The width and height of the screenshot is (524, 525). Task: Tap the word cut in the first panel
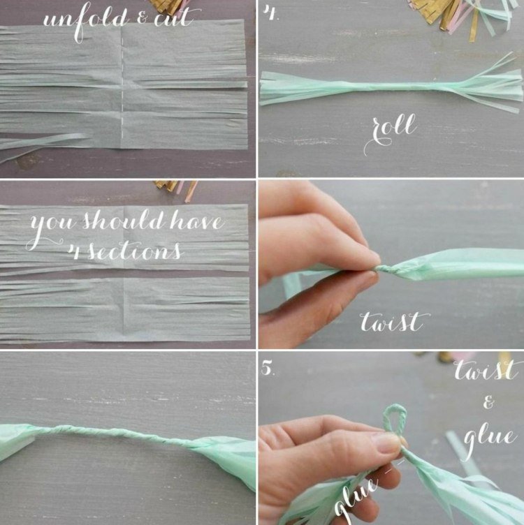[x=174, y=17]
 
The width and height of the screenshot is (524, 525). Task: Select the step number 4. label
[x=270, y=13]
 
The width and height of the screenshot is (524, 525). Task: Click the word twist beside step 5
[x=484, y=369]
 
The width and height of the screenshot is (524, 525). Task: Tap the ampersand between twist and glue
[x=488, y=402]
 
